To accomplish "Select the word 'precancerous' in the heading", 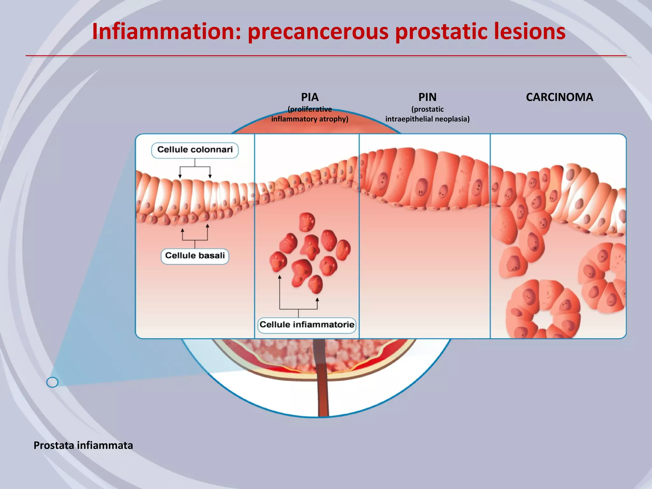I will [x=318, y=32].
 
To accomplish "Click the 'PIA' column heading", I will [x=310, y=97].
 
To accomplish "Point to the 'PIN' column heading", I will [x=427, y=97].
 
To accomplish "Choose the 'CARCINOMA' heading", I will [x=559, y=97].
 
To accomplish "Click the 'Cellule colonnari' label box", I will [x=195, y=150].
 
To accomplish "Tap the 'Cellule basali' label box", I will [x=195, y=256].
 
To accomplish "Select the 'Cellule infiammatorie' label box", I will [x=307, y=325].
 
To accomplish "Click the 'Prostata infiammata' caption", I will [x=83, y=445].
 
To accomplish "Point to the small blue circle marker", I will [x=52, y=382].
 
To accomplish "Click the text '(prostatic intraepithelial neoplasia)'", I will [x=427, y=114].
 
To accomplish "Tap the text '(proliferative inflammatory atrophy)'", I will [x=310, y=114].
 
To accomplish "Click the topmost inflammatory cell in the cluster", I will [x=307, y=222].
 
